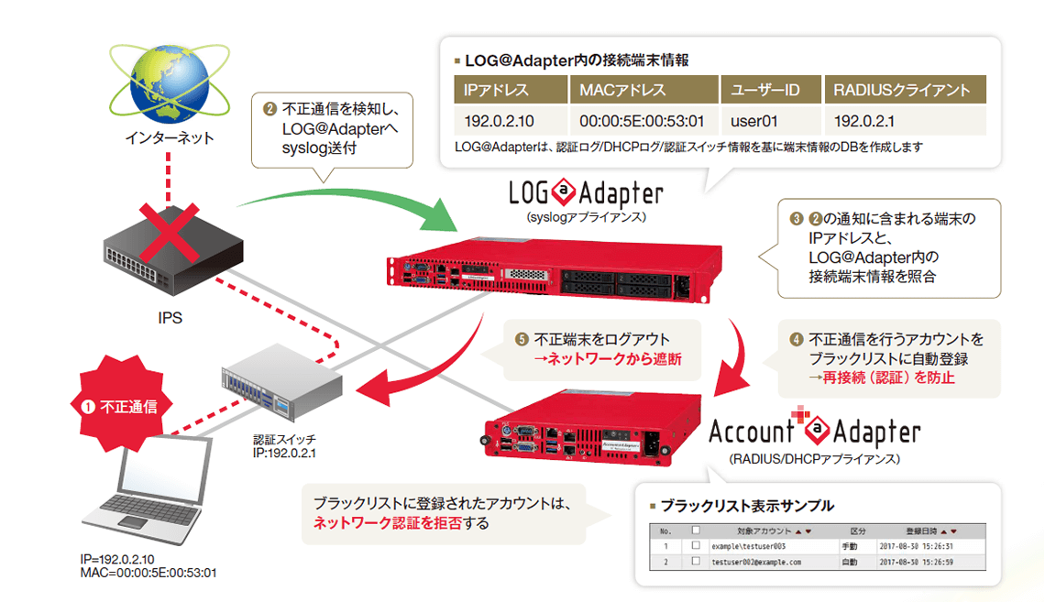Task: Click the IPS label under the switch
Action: (x=170, y=318)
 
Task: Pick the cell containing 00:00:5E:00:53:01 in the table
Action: (x=641, y=120)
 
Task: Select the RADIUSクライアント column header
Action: (x=901, y=90)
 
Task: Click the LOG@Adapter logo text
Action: (x=586, y=193)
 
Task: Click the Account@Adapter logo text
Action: (x=815, y=432)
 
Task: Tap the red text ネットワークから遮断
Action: (x=607, y=360)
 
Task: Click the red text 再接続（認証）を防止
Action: (x=881, y=377)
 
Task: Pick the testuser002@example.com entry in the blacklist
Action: (x=756, y=562)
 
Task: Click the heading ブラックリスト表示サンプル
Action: (x=747, y=506)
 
